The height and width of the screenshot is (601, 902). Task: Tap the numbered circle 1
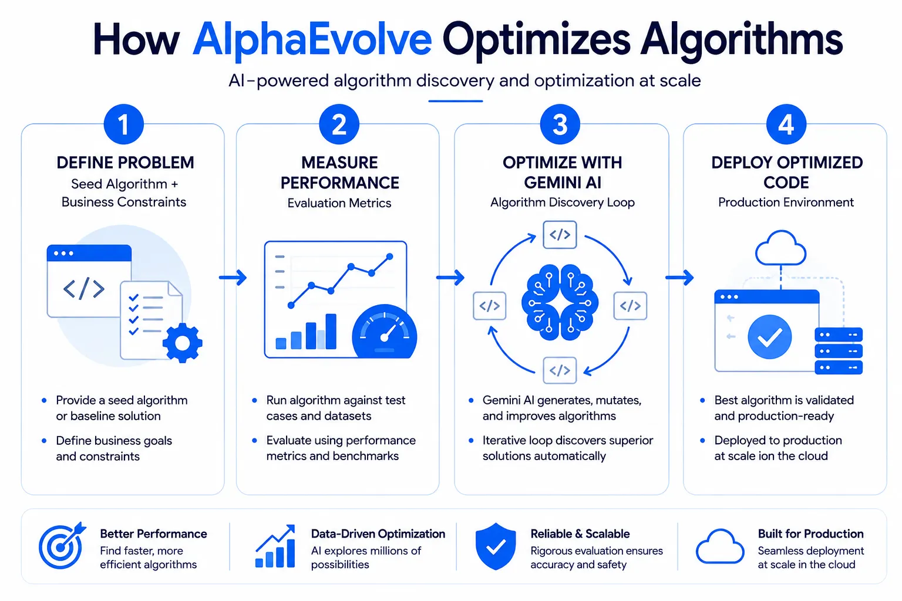[124, 124]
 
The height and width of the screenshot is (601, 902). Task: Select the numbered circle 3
[560, 124]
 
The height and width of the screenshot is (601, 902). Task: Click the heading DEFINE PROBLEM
[125, 163]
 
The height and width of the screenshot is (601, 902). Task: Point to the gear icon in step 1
[183, 343]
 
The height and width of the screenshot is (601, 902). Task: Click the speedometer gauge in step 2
[385, 332]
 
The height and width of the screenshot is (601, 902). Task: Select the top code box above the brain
[560, 235]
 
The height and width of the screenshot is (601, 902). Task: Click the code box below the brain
[560, 370]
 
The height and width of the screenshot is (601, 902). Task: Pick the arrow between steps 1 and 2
[233, 278]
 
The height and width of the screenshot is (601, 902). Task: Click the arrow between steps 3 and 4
[679, 278]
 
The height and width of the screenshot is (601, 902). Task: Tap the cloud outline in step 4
[781, 248]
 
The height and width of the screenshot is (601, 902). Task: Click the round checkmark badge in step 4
[769, 337]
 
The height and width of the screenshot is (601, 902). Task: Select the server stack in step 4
[839, 351]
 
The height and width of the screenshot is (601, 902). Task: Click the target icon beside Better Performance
[62, 545]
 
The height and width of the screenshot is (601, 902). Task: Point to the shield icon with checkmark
[496, 546]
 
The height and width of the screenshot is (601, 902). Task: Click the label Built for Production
[810, 534]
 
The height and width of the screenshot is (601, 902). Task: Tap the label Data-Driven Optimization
[378, 534]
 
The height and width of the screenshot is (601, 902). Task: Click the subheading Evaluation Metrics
[339, 203]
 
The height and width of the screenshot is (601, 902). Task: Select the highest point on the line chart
[389, 256]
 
